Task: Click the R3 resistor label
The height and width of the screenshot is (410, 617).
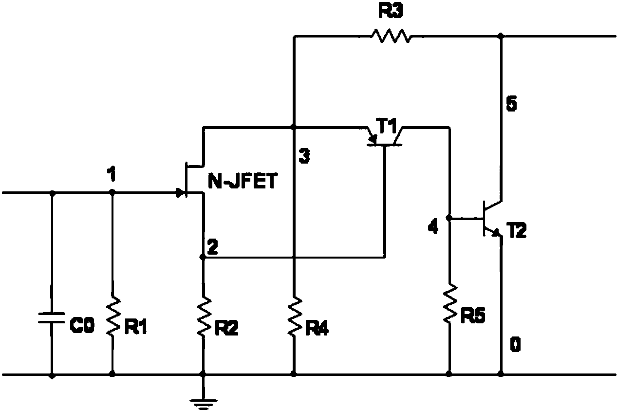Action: coord(391,12)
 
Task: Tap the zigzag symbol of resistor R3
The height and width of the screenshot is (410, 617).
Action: coord(391,36)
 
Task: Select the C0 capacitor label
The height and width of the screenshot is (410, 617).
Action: coord(82,325)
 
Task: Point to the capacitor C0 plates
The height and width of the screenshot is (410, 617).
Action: coord(52,317)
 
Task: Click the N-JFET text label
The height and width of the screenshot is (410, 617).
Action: coord(243,181)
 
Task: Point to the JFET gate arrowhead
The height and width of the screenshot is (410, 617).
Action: coord(180,193)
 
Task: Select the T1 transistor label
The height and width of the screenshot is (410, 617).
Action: coord(386,126)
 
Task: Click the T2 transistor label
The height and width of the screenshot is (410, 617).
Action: coord(516,230)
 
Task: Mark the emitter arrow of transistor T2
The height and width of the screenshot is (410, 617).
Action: coord(496,232)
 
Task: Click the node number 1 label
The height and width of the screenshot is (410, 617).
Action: coord(112,174)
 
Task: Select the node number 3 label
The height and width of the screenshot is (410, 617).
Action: coord(304,156)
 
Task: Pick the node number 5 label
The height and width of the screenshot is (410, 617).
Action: coord(511,103)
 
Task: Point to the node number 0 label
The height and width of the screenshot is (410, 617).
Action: coord(515,344)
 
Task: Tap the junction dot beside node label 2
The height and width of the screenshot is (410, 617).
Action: coord(203,257)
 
